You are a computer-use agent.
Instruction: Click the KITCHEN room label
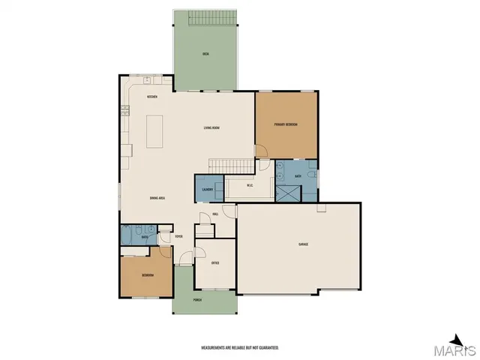click(151, 97)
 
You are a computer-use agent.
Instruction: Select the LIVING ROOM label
click(211, 127)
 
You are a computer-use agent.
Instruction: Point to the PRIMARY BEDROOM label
click(286, 124)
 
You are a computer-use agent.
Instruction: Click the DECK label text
click(205, 54)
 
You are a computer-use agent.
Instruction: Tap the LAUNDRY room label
click(208, 189)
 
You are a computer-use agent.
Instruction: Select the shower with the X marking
click(286, 193)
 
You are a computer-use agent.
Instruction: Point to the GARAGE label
click(303, 244)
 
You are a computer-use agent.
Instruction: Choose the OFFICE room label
click(214, 262)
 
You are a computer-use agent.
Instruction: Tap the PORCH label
click(197, 300)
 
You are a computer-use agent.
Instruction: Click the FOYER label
click(178, 237)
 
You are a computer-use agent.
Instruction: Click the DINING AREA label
click(157, 197)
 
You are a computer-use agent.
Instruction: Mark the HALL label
click(215, 214)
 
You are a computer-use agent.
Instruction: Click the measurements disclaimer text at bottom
click(239, 347)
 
